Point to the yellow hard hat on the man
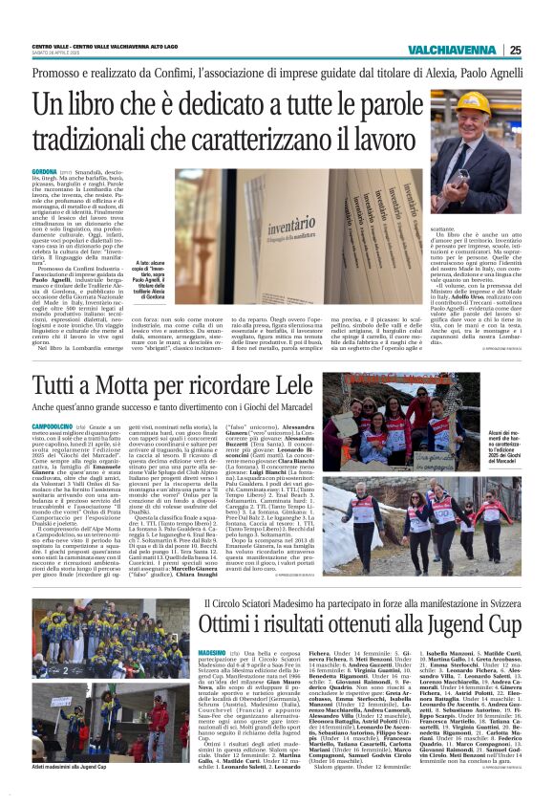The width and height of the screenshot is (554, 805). [x=472, y=102]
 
